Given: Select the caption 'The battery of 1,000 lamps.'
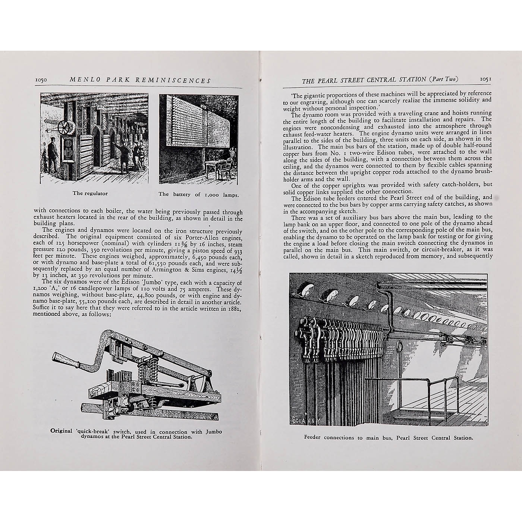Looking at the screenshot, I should click(199, 194).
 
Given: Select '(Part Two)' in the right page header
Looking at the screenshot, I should click(443, 79).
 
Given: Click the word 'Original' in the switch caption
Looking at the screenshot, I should click(61, 431).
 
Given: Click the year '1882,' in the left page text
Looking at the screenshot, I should click(233, 308).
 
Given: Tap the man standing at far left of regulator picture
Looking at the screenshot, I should click(53, 153).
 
